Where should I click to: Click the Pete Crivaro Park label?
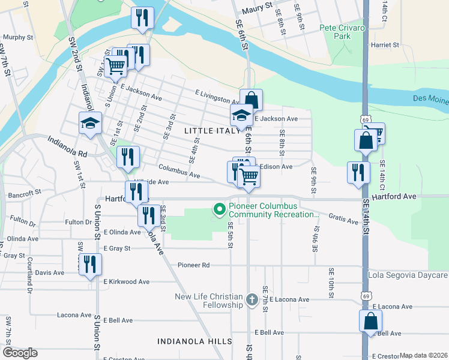coord(342,32)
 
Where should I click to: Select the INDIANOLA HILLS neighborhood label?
coord(194,341)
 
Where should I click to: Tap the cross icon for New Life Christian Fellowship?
coord(252,299)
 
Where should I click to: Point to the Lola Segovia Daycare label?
coord(408,275)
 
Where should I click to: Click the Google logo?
coord(20,353)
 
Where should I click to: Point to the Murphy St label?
coord(17,37)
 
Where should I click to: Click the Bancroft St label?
coord(25,194)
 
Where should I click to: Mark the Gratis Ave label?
coord(344,220)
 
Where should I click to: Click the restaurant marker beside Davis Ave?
coord(90,264)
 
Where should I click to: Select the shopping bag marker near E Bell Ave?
coord(371,320)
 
